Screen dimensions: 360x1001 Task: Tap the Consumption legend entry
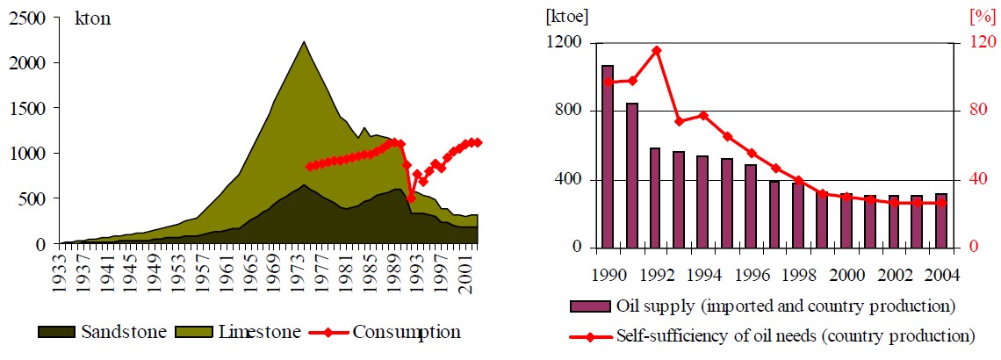pos(407,332)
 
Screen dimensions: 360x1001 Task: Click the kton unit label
pos(92,18)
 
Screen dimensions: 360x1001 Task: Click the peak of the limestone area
pos(303,42)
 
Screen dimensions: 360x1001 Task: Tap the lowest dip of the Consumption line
pos(411,198)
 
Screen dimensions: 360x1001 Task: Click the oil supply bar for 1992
pos(655,198)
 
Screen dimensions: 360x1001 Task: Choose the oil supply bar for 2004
pos(940,220)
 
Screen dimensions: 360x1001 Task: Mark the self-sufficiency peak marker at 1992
pos(656,50)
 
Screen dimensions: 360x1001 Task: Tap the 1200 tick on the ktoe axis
pos(567,43)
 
